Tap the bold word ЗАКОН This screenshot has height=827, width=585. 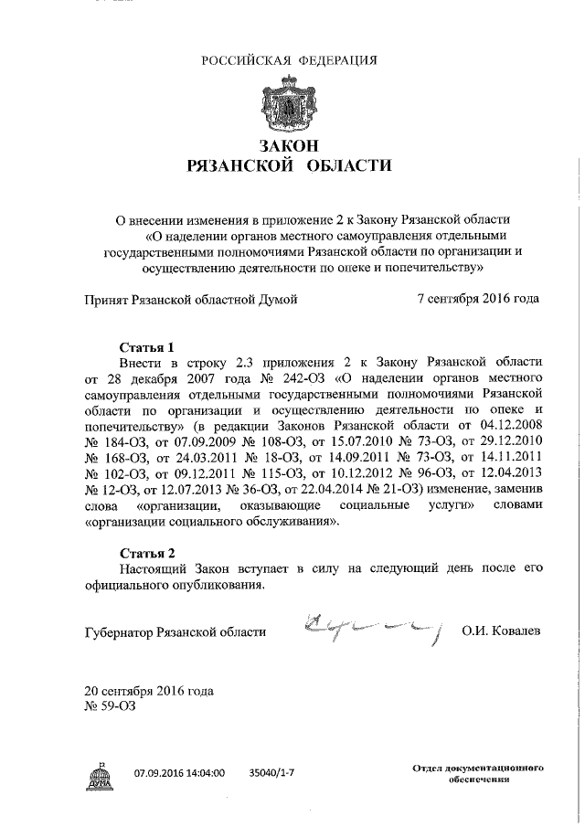(x=289, y=146)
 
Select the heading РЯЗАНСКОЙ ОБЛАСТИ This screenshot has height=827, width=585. (x=289, y=166)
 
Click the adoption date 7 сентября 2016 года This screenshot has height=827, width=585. (x=477, y=298)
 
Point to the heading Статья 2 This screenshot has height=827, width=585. (x=147, y=552)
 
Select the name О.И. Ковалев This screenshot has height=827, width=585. (x=501, y=631)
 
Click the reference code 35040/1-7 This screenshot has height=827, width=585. (x=271, y=772)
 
